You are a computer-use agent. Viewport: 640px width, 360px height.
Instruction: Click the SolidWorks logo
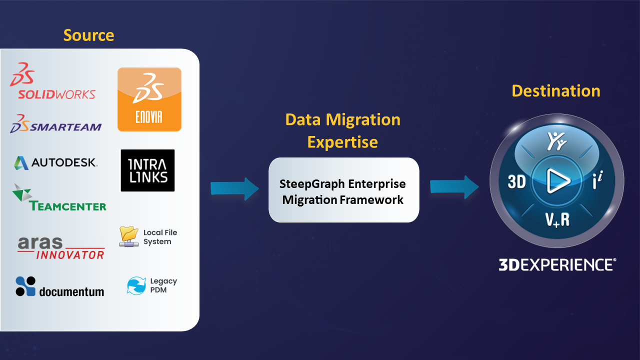pos(52,81)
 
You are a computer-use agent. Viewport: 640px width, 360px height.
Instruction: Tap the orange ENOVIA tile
pos(149,99)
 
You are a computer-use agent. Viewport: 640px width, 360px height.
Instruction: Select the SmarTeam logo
pos(55,123)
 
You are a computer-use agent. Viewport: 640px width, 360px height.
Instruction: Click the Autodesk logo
pos(55,163)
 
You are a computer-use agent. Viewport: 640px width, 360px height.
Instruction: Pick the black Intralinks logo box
pos(147,170)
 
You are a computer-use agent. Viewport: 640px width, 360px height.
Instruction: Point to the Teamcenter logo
pos(59,197)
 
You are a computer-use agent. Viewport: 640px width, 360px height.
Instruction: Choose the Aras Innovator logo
pos(61,248)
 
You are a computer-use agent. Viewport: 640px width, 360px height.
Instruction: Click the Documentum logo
pos(59,286)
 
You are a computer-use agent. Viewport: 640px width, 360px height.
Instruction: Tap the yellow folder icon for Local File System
pos(129,236)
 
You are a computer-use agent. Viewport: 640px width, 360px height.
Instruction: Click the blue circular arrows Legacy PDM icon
pos(136,285)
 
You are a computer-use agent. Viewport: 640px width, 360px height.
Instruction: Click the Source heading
pos(88,35)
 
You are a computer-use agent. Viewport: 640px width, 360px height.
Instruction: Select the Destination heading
pos(556,91)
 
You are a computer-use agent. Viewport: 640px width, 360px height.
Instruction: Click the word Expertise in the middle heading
pos(342,142)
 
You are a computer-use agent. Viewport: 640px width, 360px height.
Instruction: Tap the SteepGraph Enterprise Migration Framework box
pos(343,190)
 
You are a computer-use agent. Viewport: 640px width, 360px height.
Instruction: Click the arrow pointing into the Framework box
pos(235,189)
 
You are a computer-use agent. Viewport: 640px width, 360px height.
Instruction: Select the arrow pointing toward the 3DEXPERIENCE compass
pos(454,187)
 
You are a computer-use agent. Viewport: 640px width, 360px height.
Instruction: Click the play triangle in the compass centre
pos(557,181)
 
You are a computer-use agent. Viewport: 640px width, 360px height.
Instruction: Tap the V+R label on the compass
pos(557,219)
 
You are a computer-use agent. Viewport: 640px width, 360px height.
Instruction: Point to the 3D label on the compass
pos(516,181)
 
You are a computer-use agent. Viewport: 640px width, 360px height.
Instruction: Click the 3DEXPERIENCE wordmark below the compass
pos(557,264)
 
